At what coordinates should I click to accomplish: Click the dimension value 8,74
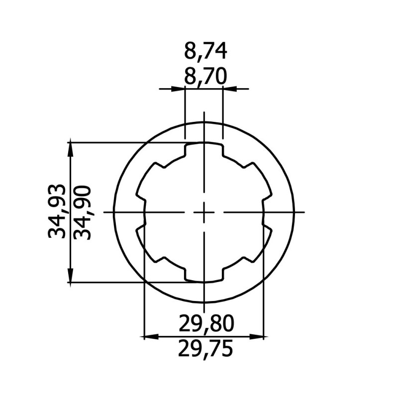pyautogui.click(x=205, y=51)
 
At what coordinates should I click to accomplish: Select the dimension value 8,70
pyautogui.click(x=205, y=77)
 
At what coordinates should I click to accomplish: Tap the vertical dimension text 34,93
pyautogui.click(x=57, y=211)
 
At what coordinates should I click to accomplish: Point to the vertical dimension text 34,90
pyautogui.click(x=82, y=213)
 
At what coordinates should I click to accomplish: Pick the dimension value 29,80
pyautogui.click(x=206, y=323)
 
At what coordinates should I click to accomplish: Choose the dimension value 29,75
pyautogui.click(x=205, y=349)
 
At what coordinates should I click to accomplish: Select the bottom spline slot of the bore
pyautogui.click(x=204, y=276)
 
